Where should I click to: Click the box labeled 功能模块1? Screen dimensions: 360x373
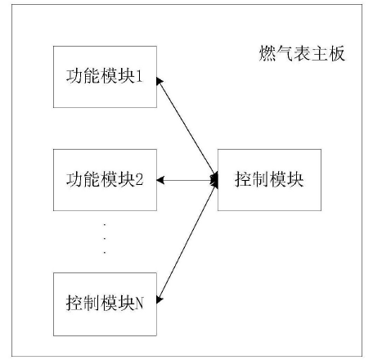pos(104,78)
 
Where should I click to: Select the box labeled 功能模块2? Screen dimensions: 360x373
pos(104,178)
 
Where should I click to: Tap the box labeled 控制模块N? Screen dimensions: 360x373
pos(104,302)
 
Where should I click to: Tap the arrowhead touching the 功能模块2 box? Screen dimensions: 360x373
pos(160,178)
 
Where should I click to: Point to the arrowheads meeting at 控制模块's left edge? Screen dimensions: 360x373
pos(214,178)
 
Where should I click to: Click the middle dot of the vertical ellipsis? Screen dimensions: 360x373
pos(105,238)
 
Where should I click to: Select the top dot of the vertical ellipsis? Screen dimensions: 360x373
pos(105,223)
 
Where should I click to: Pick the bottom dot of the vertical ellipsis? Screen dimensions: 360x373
pos(105,253)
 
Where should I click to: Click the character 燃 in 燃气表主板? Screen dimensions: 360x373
pos(262,56)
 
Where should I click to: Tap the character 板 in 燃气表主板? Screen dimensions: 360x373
pos(336,56)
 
